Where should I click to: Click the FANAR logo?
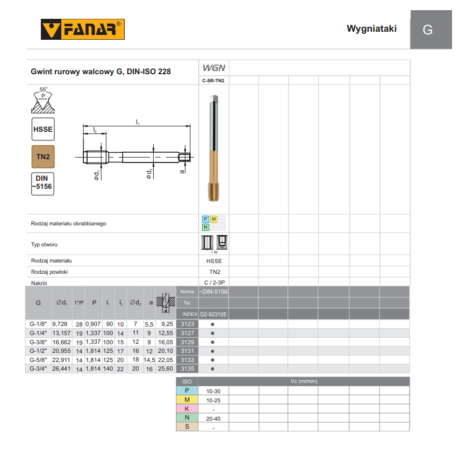tap(83, 29)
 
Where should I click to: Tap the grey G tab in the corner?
tap(431, 30)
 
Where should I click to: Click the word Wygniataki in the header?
tap(371, 29)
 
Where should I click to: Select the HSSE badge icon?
tap(43, 129)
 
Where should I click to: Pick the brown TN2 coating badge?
tap(43, 157)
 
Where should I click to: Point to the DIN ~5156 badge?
tap(43, 184)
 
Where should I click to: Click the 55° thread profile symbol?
tap(43, 100)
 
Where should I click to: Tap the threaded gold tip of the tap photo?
tap(214, 191)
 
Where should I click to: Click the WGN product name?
tap(214, 68)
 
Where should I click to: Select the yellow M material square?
tap(213, 219)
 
